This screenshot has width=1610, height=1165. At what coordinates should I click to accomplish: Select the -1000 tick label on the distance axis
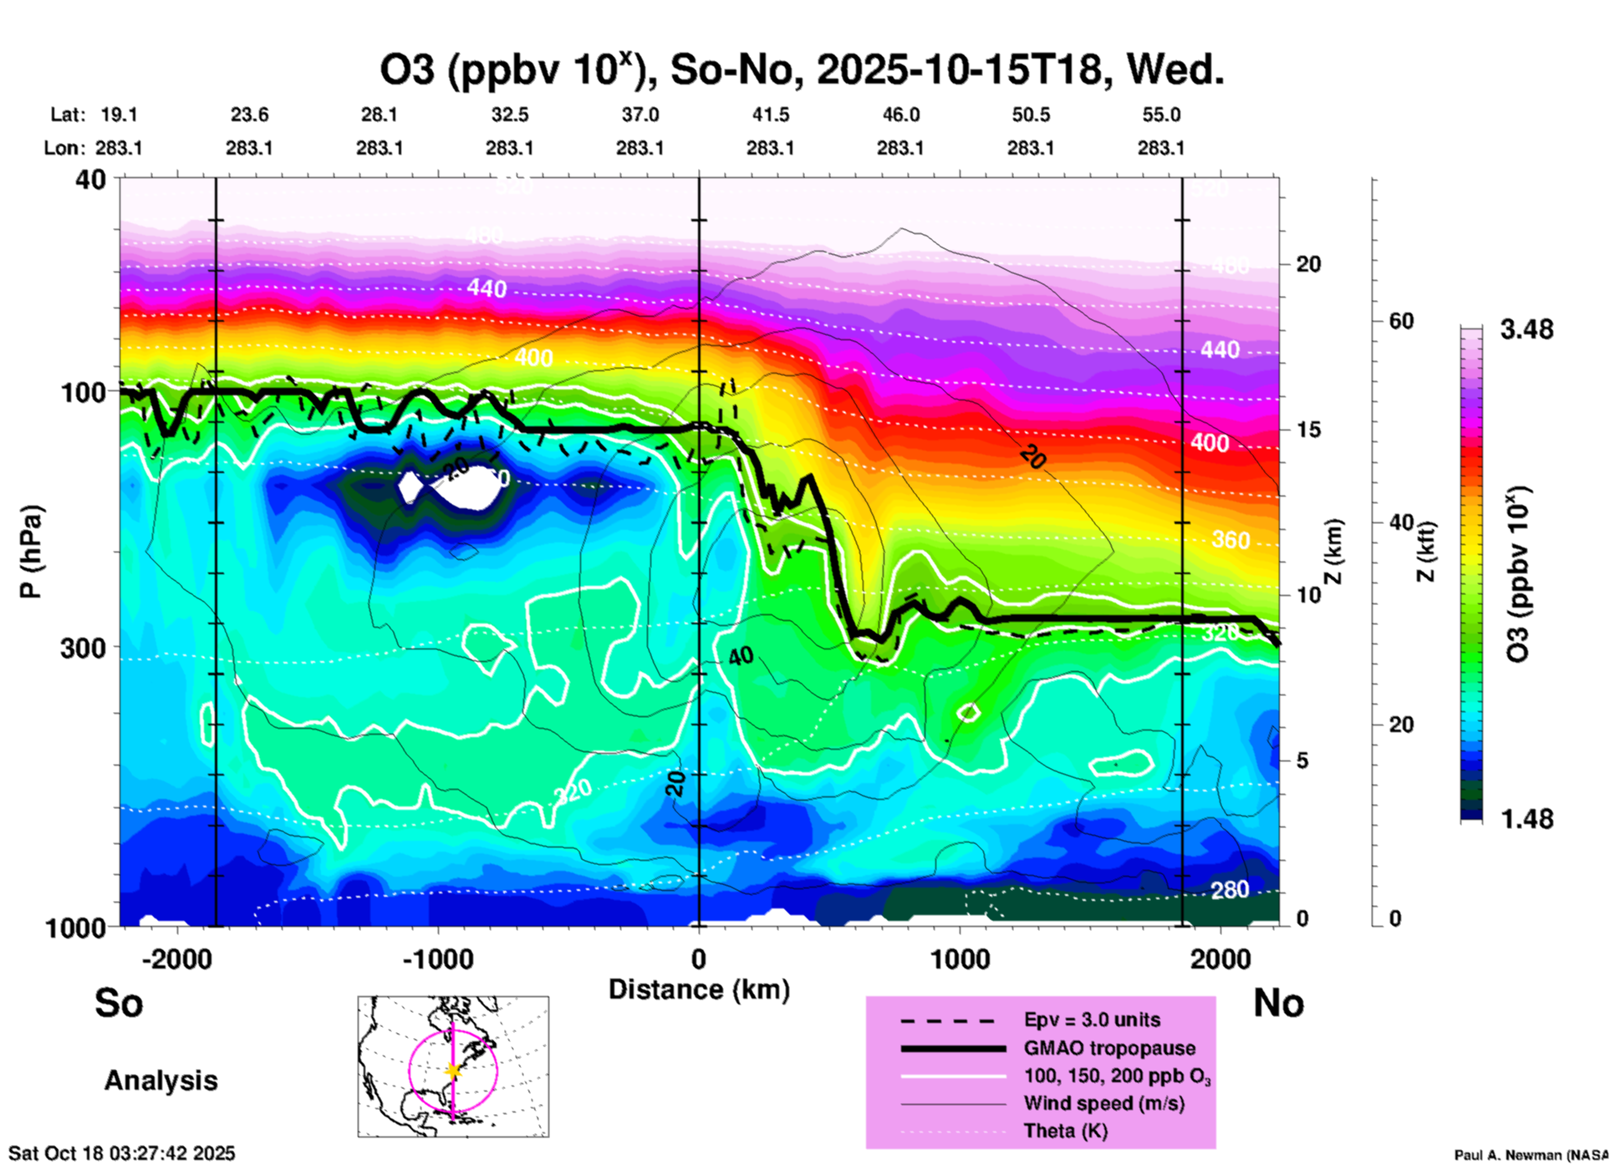point(437,959)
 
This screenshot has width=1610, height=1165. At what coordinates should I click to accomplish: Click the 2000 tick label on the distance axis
point(1220,959)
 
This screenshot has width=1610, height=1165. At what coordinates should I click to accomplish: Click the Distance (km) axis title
point(699,989)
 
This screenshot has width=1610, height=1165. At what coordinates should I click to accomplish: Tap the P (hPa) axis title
point(31,551)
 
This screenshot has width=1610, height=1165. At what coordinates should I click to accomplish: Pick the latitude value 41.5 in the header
point(770,114)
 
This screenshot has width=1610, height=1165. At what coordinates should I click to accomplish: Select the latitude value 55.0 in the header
point(1161,114)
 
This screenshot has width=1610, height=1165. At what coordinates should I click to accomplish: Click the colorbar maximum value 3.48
point(1526,329)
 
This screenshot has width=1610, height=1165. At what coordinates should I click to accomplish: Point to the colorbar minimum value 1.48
point(1526,818)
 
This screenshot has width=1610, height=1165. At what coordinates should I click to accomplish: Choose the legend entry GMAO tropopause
point(1109,1048)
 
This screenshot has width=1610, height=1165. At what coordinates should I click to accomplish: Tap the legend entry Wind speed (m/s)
point(1103,1103)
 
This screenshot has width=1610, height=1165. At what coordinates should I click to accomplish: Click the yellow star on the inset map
point(453,1071)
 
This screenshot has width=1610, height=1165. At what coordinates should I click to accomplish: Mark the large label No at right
point(1278,1003)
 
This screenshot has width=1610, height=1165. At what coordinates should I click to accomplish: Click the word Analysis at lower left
point(160,1081)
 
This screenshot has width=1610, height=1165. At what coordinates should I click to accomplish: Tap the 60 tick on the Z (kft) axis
point(1401,321)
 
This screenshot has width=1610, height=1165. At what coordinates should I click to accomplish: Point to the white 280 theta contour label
point(1230,890)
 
